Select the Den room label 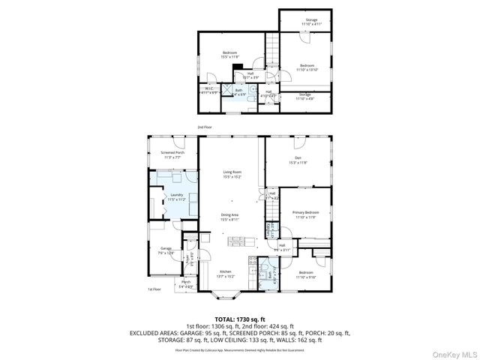point(298,159)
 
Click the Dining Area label point(230,217)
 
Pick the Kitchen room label point(226,273)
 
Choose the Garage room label point(166,250)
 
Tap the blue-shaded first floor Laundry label point(177,197)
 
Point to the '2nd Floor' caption point(204,127)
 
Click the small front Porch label point(185,283)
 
